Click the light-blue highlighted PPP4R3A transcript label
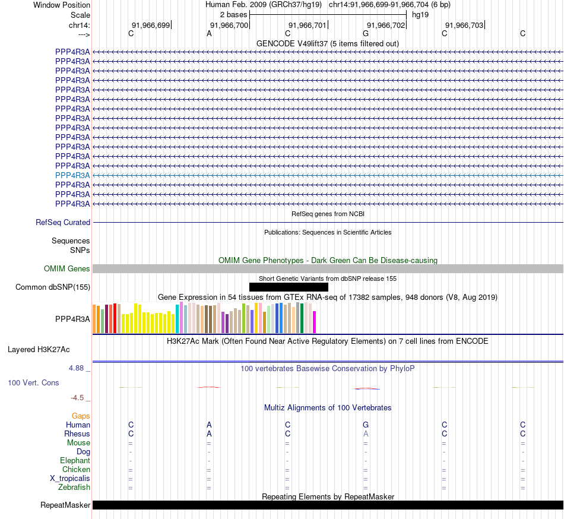tap(72, 175)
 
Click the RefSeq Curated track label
tap(63, 222)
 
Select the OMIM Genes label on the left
tap(67, 269)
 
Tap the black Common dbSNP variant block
tap(289, 287)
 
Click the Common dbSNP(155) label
tap(53, 287)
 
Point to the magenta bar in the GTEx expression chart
tap(314, 322)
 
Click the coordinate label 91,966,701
tap(307, 25)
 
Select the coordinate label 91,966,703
tap(464, 25)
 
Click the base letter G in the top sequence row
tap(366, 34)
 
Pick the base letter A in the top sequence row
tap(209, 34)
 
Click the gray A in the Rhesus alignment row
tap(366, 433)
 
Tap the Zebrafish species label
tap(74, 488)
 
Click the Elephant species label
tap(75, 460)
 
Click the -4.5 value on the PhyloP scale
tap(78, 398)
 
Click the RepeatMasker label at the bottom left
tap(65, 505)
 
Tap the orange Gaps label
tap(81, 416)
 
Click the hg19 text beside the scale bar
tap(420, 14)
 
